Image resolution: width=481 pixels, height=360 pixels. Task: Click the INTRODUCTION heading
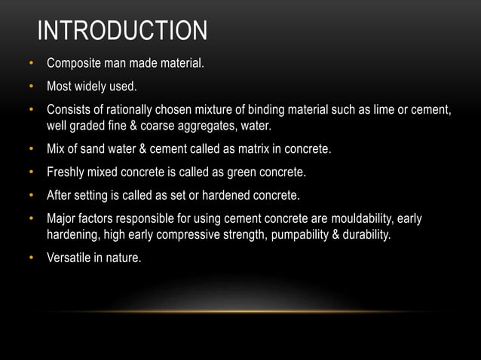[122, 31]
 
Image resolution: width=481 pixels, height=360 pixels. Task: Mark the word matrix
[247, 149]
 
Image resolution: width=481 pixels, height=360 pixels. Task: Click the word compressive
[185, 234]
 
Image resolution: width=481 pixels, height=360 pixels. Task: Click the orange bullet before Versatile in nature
[32, 258]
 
